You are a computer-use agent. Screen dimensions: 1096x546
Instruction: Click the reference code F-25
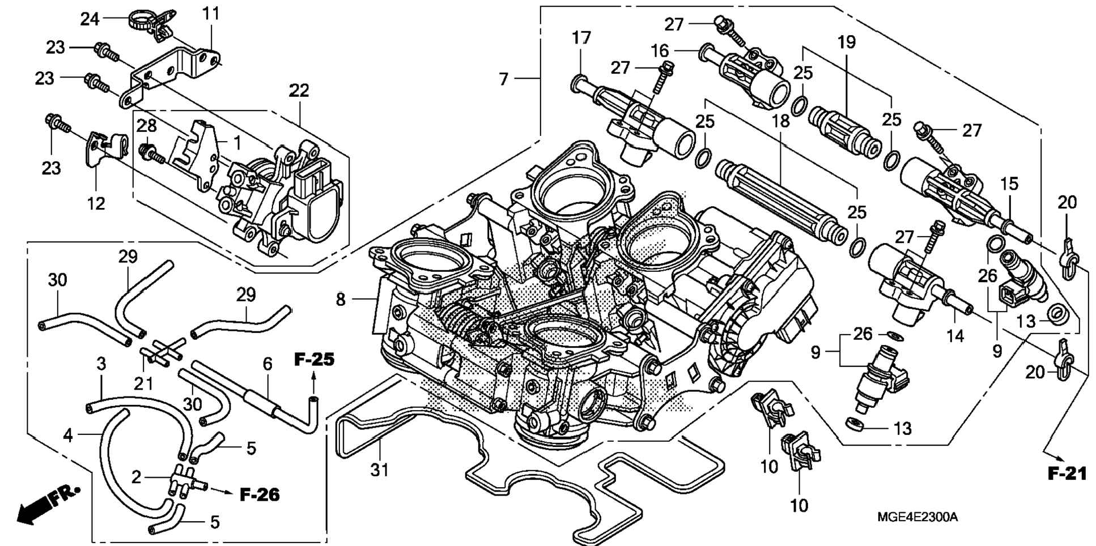click(314, 359)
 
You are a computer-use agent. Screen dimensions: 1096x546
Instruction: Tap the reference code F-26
click(260, 494)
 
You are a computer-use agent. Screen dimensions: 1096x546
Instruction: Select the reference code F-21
click(1067, 474)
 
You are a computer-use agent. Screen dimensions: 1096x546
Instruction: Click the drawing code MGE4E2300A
click(917, 517)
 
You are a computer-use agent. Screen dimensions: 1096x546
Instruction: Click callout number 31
click(379, 470)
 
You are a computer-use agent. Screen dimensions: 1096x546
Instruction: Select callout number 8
click(340, 299)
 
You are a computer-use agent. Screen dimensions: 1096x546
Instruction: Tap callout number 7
click(504, 79)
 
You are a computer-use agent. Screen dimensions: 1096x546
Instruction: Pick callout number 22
click(299, 90)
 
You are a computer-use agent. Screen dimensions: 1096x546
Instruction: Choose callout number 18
click(780, 120)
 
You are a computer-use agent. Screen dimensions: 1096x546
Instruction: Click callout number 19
click(847, 42)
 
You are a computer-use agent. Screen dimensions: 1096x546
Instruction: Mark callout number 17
click(581, 38)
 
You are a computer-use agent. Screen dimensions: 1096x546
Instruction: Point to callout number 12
click(96, 203)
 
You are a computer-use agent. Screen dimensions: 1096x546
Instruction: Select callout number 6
click(267, 364)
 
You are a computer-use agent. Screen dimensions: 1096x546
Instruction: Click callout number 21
click(143, 383)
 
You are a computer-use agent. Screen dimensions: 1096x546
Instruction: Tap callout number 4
click(68, 435)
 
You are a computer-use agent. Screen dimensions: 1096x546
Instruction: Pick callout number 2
click(136, 477)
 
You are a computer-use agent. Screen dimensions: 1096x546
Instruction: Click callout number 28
click(146, 125)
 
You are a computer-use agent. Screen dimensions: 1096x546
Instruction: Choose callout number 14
click(955, 336)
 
